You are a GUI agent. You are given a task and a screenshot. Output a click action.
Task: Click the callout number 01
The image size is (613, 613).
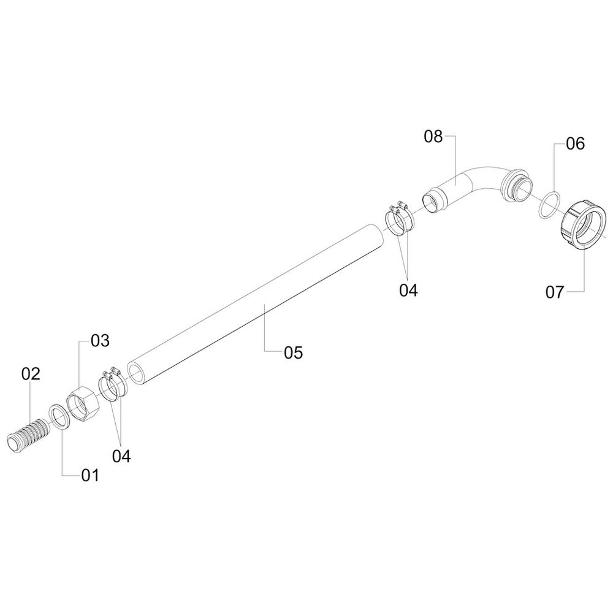(90, 476)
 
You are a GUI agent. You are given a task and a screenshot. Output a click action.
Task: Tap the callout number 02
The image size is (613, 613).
(31, 374)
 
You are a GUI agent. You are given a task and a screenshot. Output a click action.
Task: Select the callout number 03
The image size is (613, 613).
(101, 340)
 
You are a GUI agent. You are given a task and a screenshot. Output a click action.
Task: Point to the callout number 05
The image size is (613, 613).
(294, 352)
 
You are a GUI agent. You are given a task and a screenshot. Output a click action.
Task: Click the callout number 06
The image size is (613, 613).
(576, 144)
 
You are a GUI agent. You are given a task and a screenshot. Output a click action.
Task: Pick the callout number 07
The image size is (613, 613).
(555, 292)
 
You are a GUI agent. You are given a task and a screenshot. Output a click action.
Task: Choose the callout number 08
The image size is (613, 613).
(433, 137)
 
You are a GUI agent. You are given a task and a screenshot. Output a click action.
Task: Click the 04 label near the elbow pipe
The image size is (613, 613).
(408, 291)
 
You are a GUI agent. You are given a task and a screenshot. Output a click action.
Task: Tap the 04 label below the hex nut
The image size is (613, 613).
(121, 456)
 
